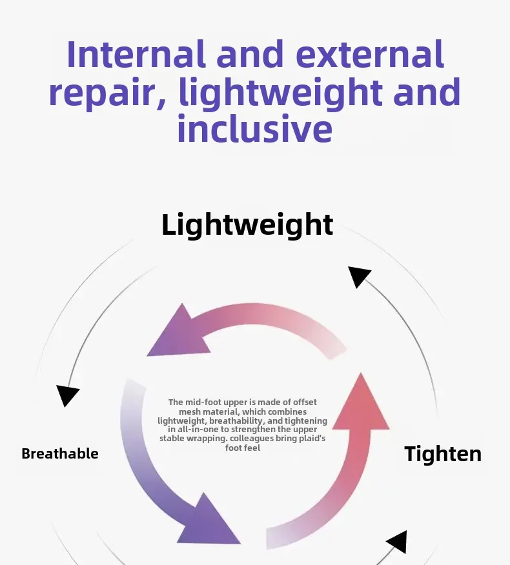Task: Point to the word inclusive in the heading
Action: (x=254, y=128)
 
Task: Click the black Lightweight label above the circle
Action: (x=247, y=225)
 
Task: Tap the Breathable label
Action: (x=60, y=453)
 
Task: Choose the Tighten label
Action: (x=443, y=454)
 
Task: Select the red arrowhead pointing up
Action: (x=360, y=403)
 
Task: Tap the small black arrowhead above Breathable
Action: (x=67, y=395)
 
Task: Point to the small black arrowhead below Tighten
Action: (x=396, y=541)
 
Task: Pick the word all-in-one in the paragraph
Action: (x=199, y=430)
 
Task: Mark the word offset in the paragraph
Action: (x=303, y=402)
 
